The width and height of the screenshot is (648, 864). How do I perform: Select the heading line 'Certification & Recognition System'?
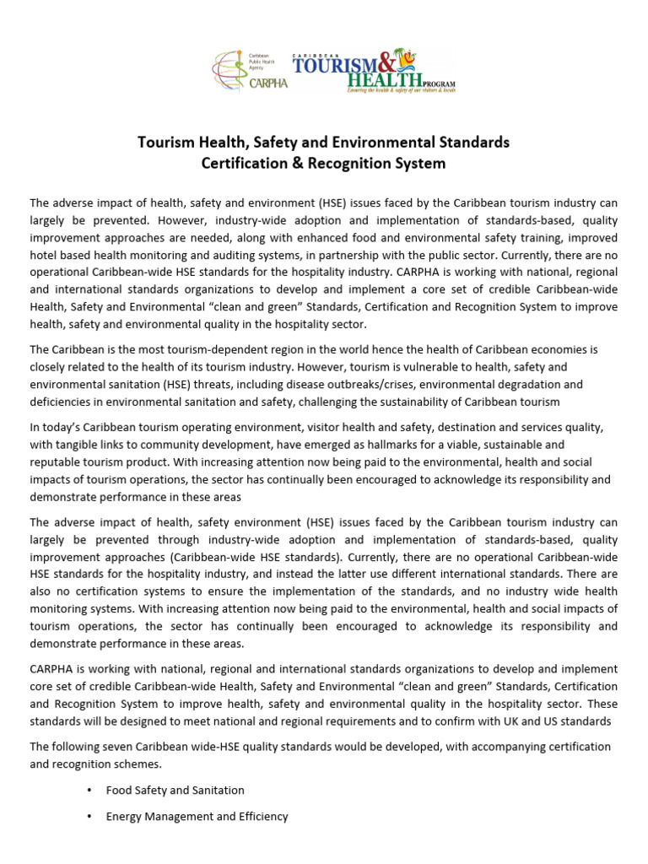click(x=323, y=163)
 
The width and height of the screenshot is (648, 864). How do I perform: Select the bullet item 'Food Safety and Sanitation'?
click(x=175, y=791)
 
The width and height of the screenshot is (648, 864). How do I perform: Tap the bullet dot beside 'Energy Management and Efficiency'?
click(x=89, y=817)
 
